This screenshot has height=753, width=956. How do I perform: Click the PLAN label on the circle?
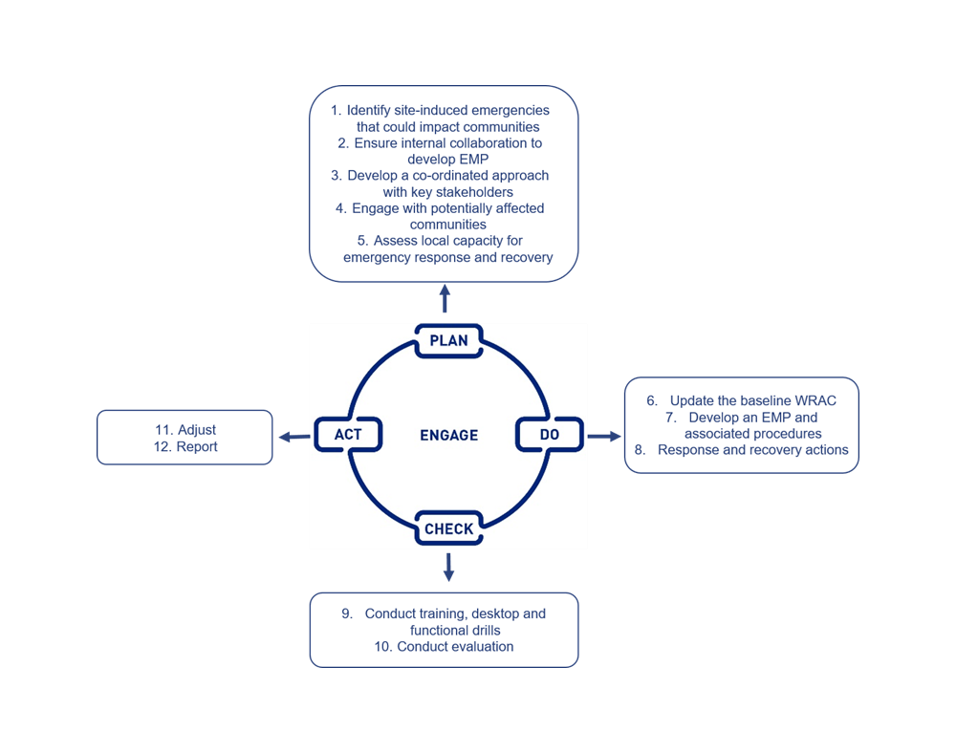pyautogui.click(x=448, y=341)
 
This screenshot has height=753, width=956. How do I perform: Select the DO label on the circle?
pyautogui.click(x=549, y=435)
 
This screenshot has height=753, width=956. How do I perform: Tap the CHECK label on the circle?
pyautogui.click(x=448, y=528)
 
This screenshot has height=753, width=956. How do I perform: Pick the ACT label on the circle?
pyautogui.click(x=348, y=435)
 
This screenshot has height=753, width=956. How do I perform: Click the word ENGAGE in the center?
pyautogui.click(x=448, y=435)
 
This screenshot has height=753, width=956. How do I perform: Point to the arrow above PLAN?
pyautogui.click(x=445, y=297)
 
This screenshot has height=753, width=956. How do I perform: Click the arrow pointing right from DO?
pyautogui.click(x=603, y=436)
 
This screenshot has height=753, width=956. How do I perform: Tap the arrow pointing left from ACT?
pyautogui.click(x=293, y=437)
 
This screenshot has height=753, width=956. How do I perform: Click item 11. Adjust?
pyautogui.click(x=185, y=430)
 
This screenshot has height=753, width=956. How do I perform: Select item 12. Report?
pyautogui.click(x=185, y=446)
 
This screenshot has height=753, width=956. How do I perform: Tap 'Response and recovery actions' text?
pyautogui.click(x=752, y=449)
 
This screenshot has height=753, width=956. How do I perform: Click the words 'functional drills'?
pyautogui.click(x=455, y=631)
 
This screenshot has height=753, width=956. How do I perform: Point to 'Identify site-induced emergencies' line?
pyautogui.click(x=446, y=111)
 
